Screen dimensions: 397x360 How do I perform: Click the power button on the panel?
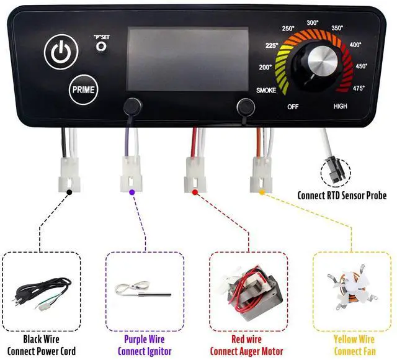pyautogui.click(x=60, y=52)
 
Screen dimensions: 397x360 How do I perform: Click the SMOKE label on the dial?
pyautogui.click(x=266, y=91)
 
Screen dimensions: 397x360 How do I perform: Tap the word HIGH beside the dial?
pyautogui.click(x=341, y=106)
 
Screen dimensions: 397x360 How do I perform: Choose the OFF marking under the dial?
pyautogui.click(x=293, y=107)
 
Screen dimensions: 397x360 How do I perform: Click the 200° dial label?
pyautogui.click(x=266, y=67)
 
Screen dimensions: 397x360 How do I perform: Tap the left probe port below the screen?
pyautogui.click(x=132, y=107)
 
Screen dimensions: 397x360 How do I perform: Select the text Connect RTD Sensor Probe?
pyautogui.click(x=342, y=196)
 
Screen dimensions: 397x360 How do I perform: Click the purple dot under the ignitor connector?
pyautogui.click(x=132, y=192)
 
